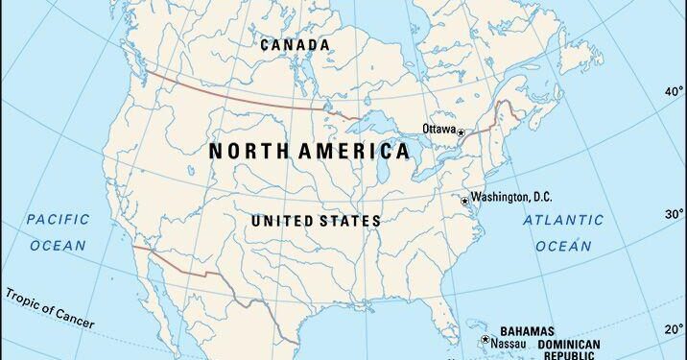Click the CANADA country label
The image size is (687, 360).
point(295,45)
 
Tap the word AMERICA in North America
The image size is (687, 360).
point(356,152)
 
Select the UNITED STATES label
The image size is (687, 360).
point(316,221)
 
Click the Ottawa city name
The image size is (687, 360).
point(438,129)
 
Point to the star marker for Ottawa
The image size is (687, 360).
point(461,132)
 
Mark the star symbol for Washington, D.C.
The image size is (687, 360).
point(464,201)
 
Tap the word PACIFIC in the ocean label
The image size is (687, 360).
point(58,219)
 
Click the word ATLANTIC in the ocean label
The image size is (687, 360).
point(563,220)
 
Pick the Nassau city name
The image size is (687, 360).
point(508,343)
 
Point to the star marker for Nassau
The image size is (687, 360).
point(486,341)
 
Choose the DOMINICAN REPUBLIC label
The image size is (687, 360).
point(568,349)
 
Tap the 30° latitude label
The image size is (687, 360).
point(675,213)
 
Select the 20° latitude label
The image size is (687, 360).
point(675,328)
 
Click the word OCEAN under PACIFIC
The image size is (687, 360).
point(58,246)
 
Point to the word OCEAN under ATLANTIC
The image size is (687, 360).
point(563,247)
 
